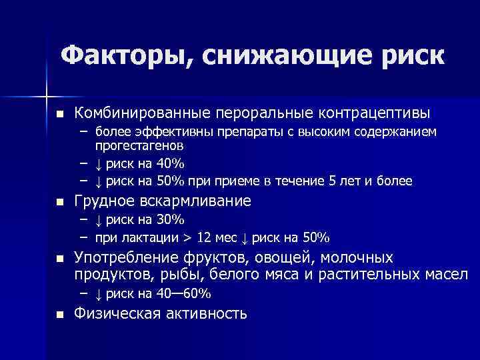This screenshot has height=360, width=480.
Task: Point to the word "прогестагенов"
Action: point(139,144)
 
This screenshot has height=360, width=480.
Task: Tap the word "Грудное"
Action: point(100,201)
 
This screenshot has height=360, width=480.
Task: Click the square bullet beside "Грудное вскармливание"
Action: point(59,202)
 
